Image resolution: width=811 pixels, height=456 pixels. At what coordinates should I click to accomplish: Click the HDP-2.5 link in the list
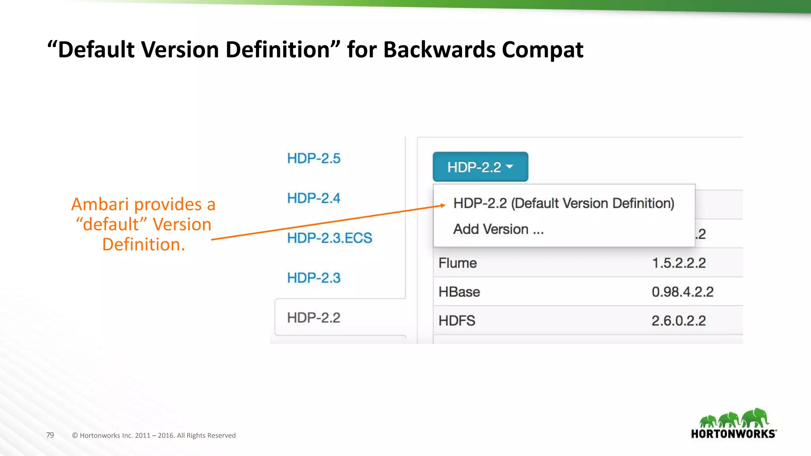click(314, 158)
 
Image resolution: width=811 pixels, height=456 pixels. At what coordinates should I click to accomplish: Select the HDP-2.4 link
click(314, 198)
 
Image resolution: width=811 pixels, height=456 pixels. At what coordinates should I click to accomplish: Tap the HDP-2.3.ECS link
click(329, 238)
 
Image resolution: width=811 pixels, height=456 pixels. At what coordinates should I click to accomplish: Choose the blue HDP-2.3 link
click(314, 278)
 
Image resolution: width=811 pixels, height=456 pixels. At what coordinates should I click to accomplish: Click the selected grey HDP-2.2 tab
click(314, 317)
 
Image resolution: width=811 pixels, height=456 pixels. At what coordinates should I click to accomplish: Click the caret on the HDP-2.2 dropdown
click(510, 167)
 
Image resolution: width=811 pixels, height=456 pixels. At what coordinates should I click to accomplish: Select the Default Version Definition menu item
click(564, 203)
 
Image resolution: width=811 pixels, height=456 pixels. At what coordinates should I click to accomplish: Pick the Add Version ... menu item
click(498, 229)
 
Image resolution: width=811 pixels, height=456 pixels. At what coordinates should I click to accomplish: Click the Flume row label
click(457, 263)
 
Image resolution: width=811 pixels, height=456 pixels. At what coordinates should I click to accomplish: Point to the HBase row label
click(459, 292)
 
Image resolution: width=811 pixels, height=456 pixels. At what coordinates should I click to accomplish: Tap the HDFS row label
click(457, 321)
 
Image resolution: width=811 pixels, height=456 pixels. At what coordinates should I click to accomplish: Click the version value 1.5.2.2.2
click(679, 263)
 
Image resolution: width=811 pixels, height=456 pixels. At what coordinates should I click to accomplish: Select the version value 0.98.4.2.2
click(682, 292)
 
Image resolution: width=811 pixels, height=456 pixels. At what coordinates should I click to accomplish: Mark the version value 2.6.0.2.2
click(679, 321)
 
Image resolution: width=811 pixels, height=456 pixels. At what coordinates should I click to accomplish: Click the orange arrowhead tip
click(444, 205)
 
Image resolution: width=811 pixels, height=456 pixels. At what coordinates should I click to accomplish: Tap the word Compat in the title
click(543, 50)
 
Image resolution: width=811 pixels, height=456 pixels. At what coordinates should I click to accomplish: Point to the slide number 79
click(50, 435)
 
